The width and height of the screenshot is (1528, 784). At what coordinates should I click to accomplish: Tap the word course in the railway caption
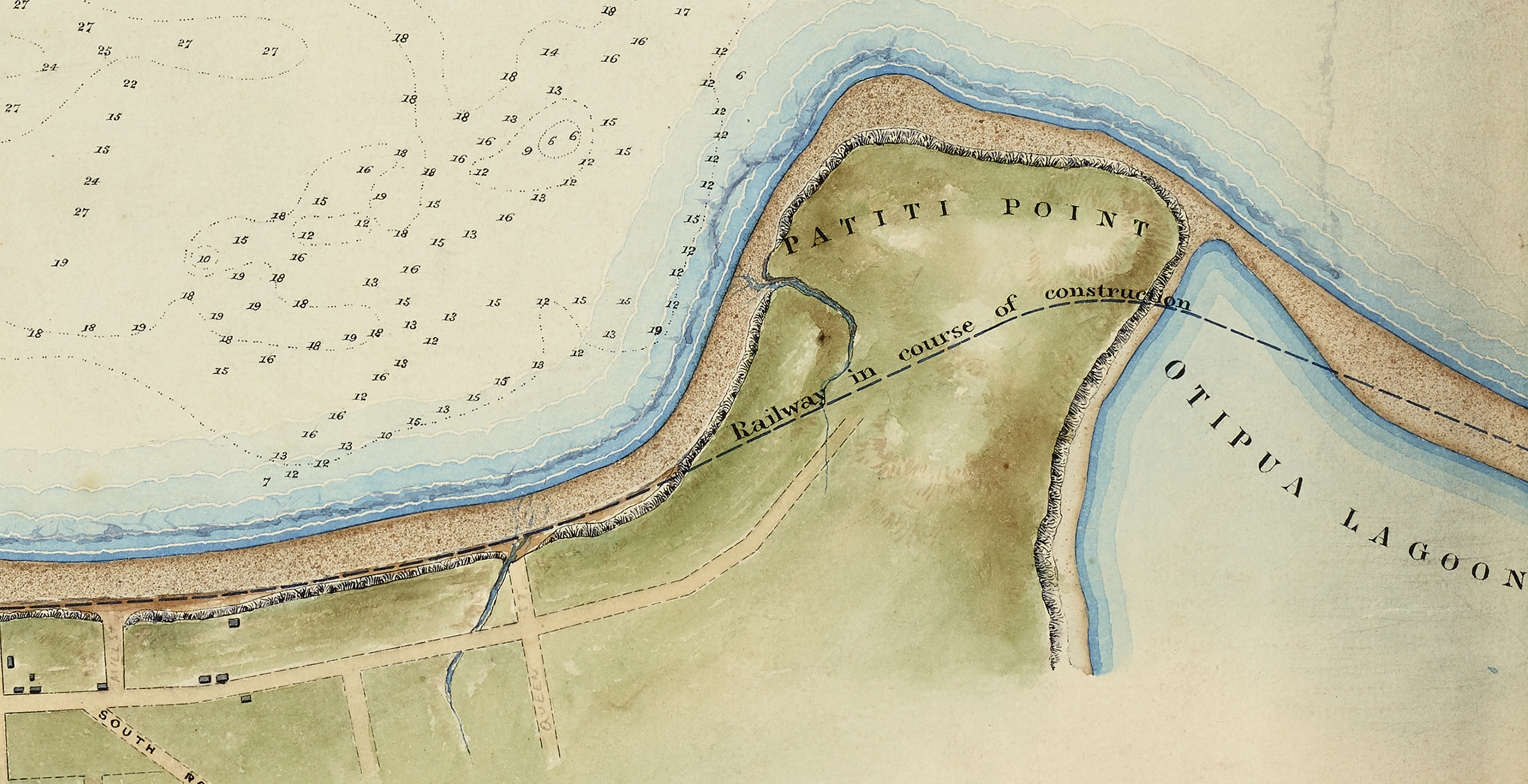pos(937,342)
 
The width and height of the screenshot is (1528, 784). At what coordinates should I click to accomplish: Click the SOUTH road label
pos(128,733)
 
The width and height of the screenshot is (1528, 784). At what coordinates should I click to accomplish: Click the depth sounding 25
pos(105,51)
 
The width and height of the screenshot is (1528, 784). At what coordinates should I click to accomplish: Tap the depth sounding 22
pos(130,84)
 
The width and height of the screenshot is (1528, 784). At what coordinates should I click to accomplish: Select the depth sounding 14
pos(550,52)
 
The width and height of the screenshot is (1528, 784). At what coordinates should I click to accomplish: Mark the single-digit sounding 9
pos(527,151)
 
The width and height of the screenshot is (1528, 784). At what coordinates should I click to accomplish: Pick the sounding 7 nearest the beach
pos(266,482)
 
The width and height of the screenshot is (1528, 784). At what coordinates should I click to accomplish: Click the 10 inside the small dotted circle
pos(204,259)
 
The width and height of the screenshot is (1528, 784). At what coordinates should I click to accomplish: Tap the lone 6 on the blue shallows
pos(740,75)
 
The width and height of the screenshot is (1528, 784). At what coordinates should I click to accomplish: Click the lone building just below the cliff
pos(234,623)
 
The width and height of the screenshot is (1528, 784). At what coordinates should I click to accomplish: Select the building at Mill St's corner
pos(102,686)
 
